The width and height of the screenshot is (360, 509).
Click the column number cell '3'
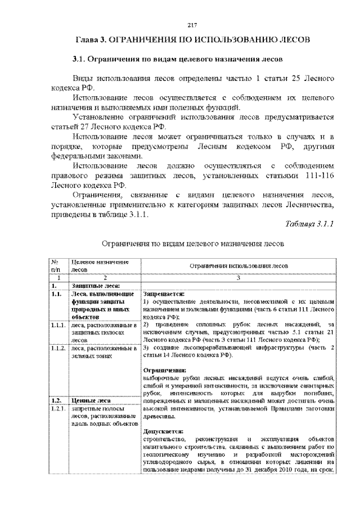coord(238,278)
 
